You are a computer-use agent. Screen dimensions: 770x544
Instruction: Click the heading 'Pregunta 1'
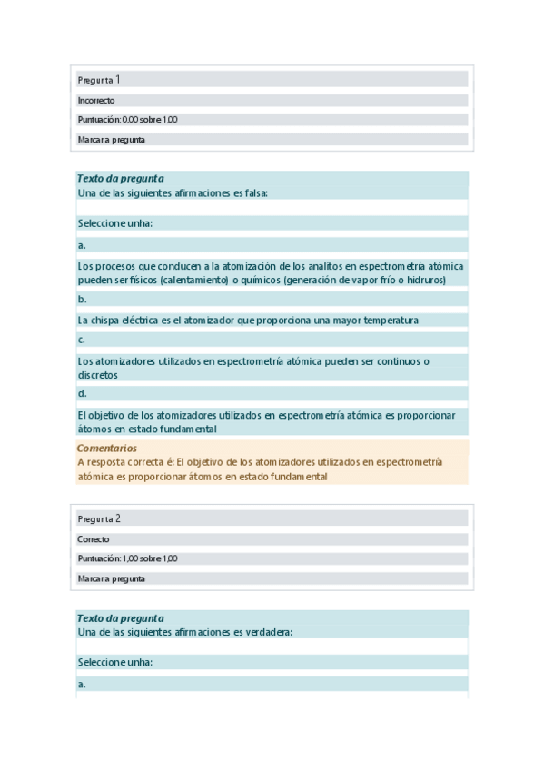point(99,80)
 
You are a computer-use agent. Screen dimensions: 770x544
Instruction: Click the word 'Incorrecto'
point(96,101)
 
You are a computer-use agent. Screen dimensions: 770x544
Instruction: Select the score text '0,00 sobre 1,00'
point(150,120)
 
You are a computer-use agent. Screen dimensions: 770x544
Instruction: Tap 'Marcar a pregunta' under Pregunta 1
point(112,140)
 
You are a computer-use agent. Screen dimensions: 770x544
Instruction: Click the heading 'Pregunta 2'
point(99,519)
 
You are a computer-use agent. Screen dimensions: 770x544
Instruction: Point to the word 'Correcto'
point(94,539)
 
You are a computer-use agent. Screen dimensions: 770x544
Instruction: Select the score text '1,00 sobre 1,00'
point(150,558)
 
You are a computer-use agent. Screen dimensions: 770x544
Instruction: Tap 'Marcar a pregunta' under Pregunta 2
point(112,578)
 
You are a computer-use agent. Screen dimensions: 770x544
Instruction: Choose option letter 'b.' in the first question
point(82,299)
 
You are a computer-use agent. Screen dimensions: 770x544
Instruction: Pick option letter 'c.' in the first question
point(82,340)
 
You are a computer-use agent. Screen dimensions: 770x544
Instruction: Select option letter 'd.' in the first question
point(82,393)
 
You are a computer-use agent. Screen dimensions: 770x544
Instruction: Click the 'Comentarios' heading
point(107,449)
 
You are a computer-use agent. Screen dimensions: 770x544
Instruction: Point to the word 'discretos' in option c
point(98,374)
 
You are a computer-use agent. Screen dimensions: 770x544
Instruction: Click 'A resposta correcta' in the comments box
point(121,462)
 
